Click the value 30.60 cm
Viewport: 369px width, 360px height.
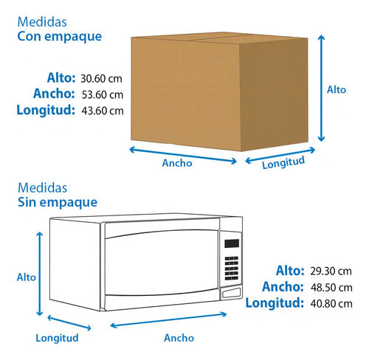pyautogui.click(x=101, y=79)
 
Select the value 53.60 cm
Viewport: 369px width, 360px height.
pyautogui.click(x=103, y=94)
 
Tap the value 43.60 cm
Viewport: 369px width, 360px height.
pyautogui.click(x=103, y=111)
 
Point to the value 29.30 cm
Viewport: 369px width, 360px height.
pyautogui.click(x=331, y=271)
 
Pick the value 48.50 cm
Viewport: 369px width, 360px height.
pyautogui.click(x=331, y=288)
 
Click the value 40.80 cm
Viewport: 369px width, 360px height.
pyautogui.click(x=331, y=304)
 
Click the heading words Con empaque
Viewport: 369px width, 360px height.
pyautogui.click(x=60, y=37)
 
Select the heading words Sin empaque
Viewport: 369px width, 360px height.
pyautogui.click(x=58, y=203)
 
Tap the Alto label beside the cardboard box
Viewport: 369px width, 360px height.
pyautogui.click(x=337, y=90)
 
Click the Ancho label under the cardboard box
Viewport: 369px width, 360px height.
pyautogui.click(x=177, y=163)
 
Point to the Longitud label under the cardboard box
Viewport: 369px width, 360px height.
pyautogui.click(x=283, y=162)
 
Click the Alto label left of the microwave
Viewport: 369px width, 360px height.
pyautogui.click(x=27, y=277)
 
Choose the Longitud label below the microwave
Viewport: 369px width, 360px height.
pyautogui.click(x=57, y=338)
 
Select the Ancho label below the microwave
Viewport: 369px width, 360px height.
pyautogui.click(x=179, y=338)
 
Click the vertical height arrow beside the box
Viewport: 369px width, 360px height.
pyautogui.click(x=321, y=89)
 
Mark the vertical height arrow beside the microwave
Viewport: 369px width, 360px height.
pyautogui.click(x=40, y=274)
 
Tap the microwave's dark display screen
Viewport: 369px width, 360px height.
pyautogui.click(x=232, y=243)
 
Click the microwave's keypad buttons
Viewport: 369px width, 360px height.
pyautogui.click(x=232, y=269)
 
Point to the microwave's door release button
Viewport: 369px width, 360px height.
pyautogui.click(x=232, y=294)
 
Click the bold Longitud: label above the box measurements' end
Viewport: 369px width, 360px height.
pyautogui.click(x=46, y=110)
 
